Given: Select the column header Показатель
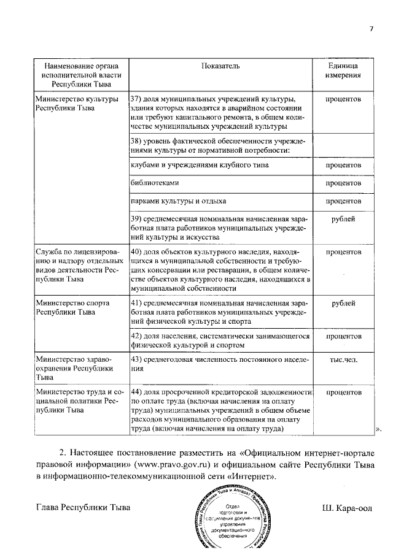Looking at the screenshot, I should pos(220,65).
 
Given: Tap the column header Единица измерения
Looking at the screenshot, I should pos(343,70).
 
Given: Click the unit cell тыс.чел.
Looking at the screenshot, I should pos(343,359).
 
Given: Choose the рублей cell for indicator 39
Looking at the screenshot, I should pos(343,218).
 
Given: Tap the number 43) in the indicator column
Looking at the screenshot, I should pos(137,359).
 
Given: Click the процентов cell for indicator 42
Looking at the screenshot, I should pos(343,336).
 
